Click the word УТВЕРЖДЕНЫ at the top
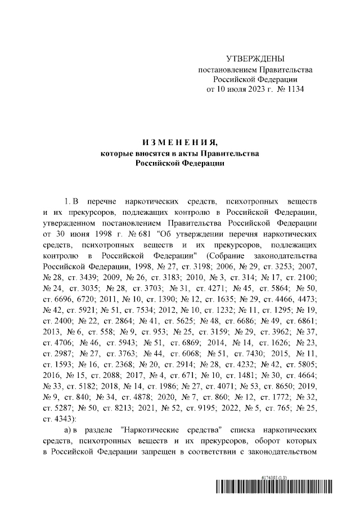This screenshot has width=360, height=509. tap(255, 59)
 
